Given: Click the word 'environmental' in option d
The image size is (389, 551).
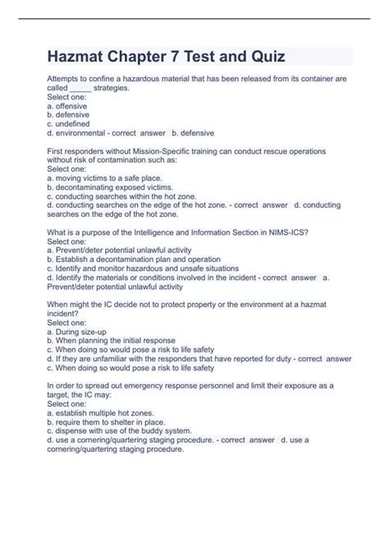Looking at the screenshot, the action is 85,131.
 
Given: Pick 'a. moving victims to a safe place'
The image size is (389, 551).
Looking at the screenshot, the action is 105,177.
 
